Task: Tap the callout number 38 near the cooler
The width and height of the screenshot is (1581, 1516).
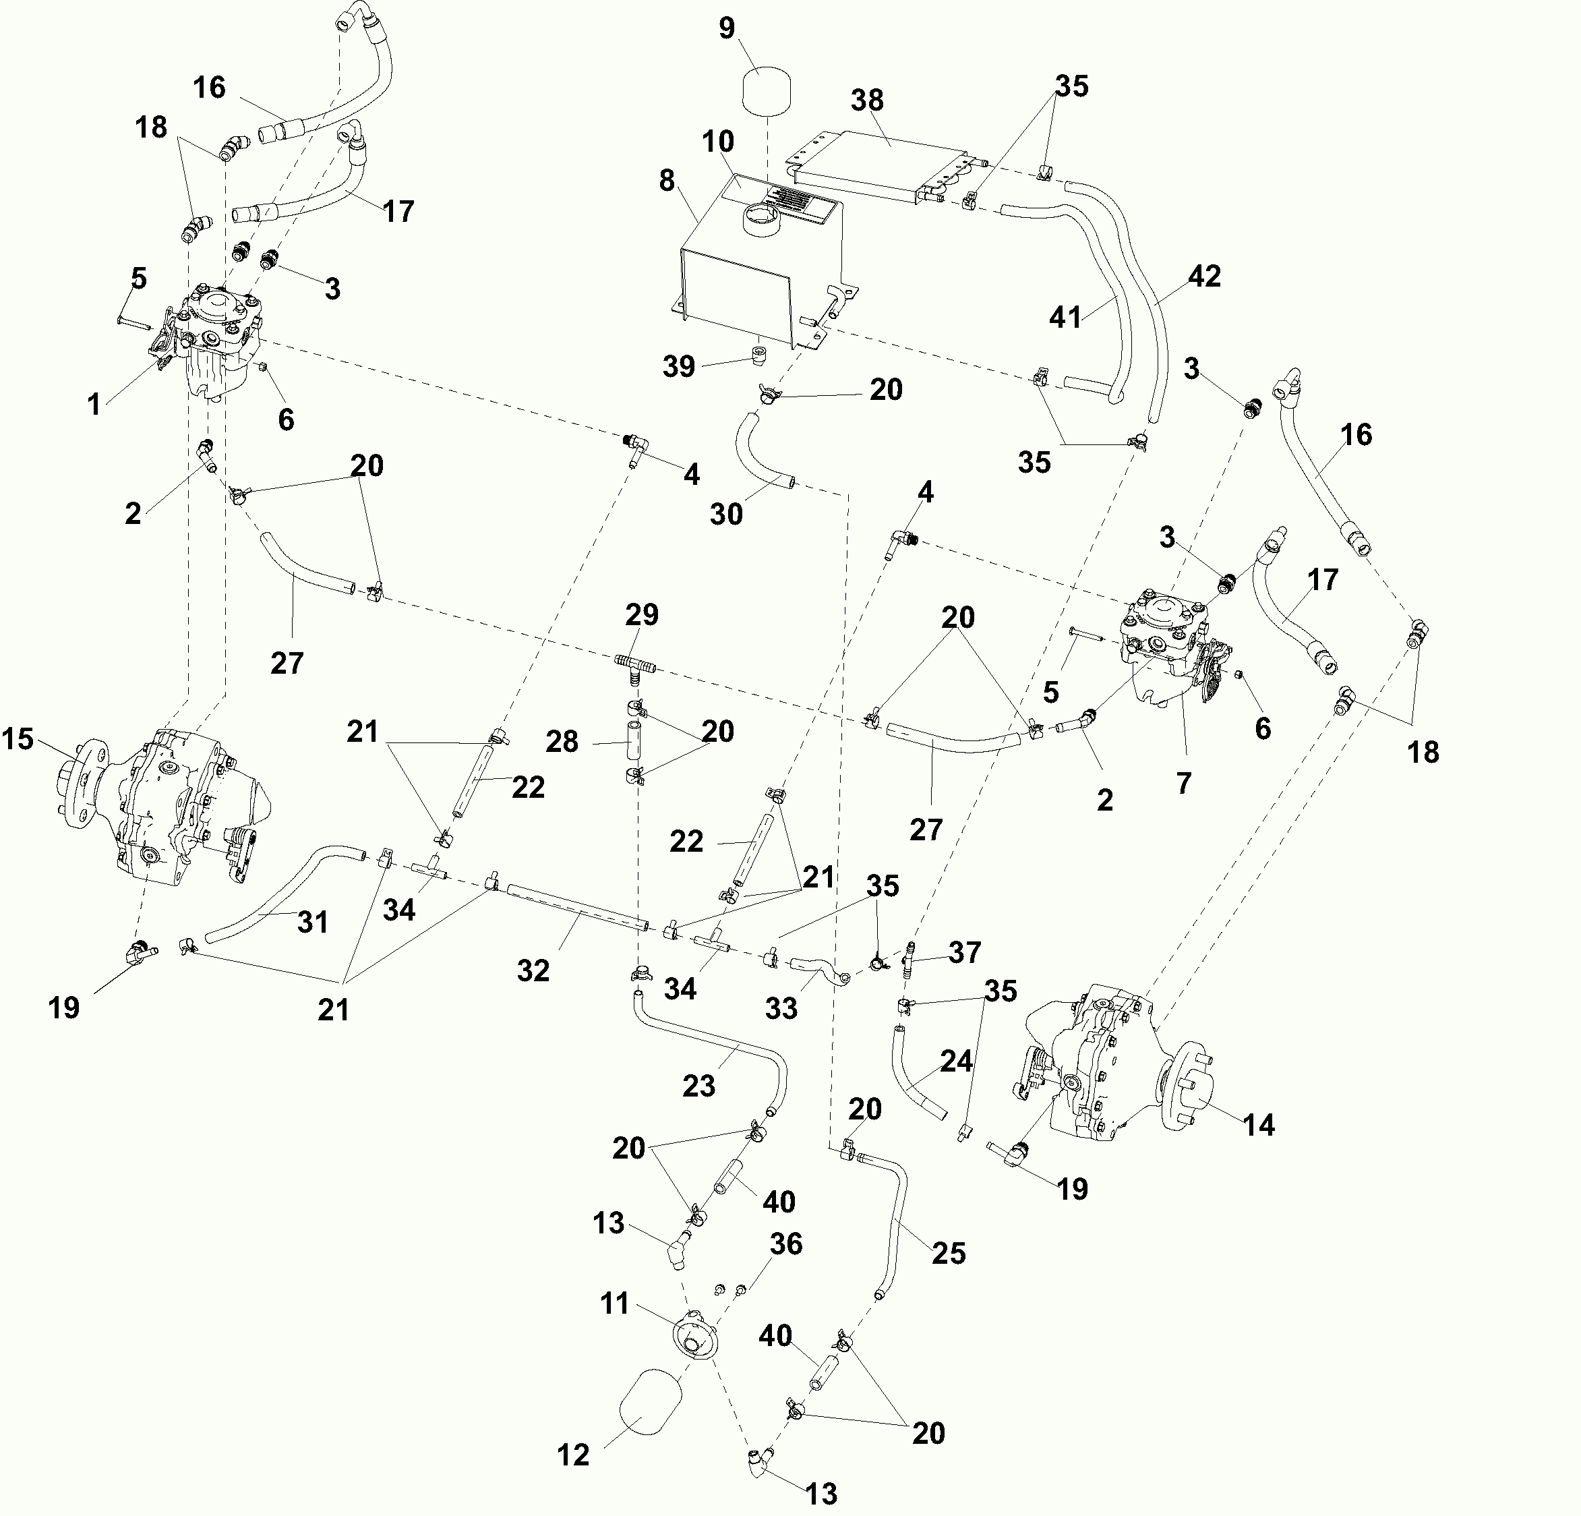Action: pyautogui.click(x=867, y=101)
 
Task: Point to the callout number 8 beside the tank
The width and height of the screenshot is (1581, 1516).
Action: pyautogui.click(x=666, y=181)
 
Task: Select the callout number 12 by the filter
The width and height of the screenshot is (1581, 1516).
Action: pyautogui.click(x=574, y=1455)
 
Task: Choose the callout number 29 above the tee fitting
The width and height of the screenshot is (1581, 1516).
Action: pyautogui.click(x=642, y=615)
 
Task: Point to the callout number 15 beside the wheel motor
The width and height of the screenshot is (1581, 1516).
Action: pyautogui.click(x=18, y=739)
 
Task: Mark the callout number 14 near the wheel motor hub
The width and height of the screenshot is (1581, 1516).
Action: pyautogui.click(x=1259, y=1124)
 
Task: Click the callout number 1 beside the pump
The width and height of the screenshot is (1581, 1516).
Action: pyautogui.click(x=94, y=404)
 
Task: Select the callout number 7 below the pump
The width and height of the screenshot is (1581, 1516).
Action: pyautogui.click(x=1183, y=782)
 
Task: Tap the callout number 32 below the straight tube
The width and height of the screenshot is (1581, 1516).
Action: pyautogui.click(x=533, y=970)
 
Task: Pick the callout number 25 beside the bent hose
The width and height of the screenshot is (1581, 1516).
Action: pyautogui.click(x=949, y=1253)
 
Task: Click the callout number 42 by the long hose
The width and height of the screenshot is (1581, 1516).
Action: pyautogui.click(x=1204, y=276)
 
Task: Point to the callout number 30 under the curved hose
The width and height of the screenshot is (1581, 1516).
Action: pyautogui.click(x=726, y=514)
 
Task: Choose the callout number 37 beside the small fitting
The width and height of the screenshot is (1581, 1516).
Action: pyautogui.click(x=965, y=952)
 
